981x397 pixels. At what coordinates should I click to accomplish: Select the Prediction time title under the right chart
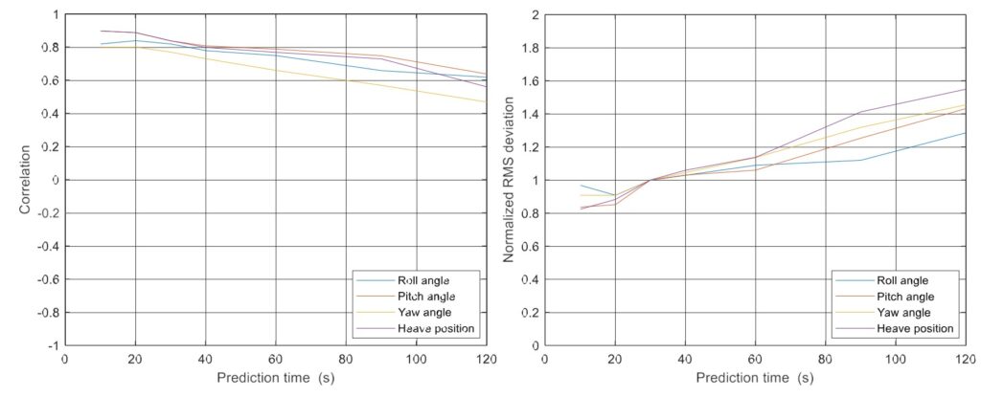coord(756,377)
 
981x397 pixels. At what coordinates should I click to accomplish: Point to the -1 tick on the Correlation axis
coord(52,345)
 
